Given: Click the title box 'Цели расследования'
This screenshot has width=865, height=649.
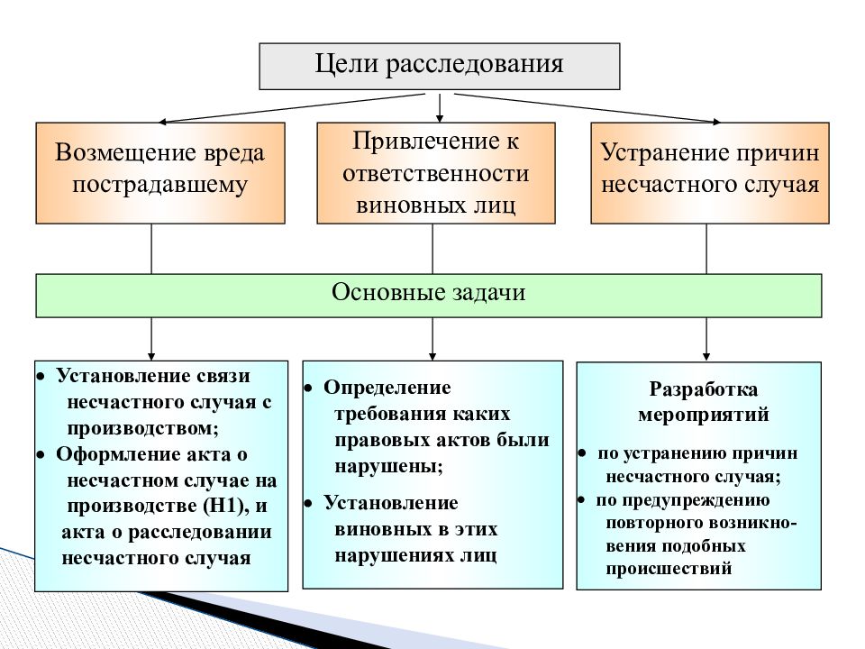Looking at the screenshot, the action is point(440,66).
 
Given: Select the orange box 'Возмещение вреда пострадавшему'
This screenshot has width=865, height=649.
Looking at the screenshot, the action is point(160,173).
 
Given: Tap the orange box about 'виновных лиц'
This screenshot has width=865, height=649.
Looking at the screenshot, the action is point(436,173).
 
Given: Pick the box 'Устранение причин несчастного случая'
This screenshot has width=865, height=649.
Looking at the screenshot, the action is point(710,173).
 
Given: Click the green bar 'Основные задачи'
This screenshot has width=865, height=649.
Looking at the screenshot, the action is point(429,296).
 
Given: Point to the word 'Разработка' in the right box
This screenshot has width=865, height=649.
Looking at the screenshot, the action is point(704,389).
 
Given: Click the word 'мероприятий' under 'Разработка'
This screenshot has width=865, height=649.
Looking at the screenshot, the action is point(704,414).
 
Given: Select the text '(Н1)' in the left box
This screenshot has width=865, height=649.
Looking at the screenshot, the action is point(225,506).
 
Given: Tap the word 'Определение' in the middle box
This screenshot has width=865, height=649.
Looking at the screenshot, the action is point(387,388).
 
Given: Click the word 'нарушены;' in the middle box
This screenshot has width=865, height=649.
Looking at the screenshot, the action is point(389,466).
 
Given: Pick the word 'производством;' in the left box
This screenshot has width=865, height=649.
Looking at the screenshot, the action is point(143,428).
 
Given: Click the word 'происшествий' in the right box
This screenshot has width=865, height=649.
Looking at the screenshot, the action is point(669,569).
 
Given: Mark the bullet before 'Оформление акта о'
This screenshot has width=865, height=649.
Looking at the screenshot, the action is point(41,455).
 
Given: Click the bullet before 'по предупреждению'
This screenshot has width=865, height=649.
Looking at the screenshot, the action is point(581,500).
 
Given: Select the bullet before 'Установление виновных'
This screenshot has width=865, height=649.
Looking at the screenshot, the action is point(308,503).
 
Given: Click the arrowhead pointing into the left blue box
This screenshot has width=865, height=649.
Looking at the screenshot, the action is point(151,357).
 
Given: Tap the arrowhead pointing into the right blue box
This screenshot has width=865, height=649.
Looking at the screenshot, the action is point(706,357).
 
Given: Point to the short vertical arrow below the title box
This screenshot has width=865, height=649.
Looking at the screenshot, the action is point(440,107).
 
